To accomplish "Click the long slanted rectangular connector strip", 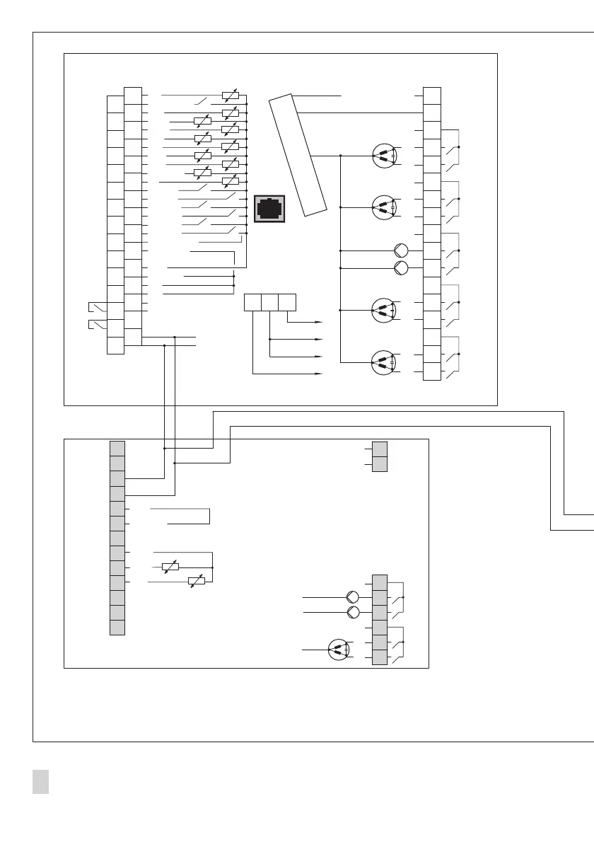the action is click(298, 154).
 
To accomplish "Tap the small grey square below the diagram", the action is click(40, 781).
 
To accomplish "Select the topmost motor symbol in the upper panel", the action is click(383, 155).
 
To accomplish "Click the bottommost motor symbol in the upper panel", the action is click(383, 362).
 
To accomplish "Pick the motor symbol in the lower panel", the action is click(339, 650).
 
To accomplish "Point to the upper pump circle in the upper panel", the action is click(401, 250).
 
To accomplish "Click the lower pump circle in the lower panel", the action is click(353, 612).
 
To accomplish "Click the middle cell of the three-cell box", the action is click(269, 302).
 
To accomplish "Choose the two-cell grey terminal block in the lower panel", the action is click(380, 456).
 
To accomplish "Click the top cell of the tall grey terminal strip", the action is click(117, 448).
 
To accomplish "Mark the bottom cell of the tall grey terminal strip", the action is click(117, 628).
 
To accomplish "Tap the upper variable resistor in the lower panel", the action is click(170, 567).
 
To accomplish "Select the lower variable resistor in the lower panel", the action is click(196, 582).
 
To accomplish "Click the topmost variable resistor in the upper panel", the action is click(230, 95).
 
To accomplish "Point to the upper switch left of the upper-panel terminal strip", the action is click(98, 308).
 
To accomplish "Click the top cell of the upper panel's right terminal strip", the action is click(432, 95).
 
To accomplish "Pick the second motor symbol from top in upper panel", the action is click(383, 207).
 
